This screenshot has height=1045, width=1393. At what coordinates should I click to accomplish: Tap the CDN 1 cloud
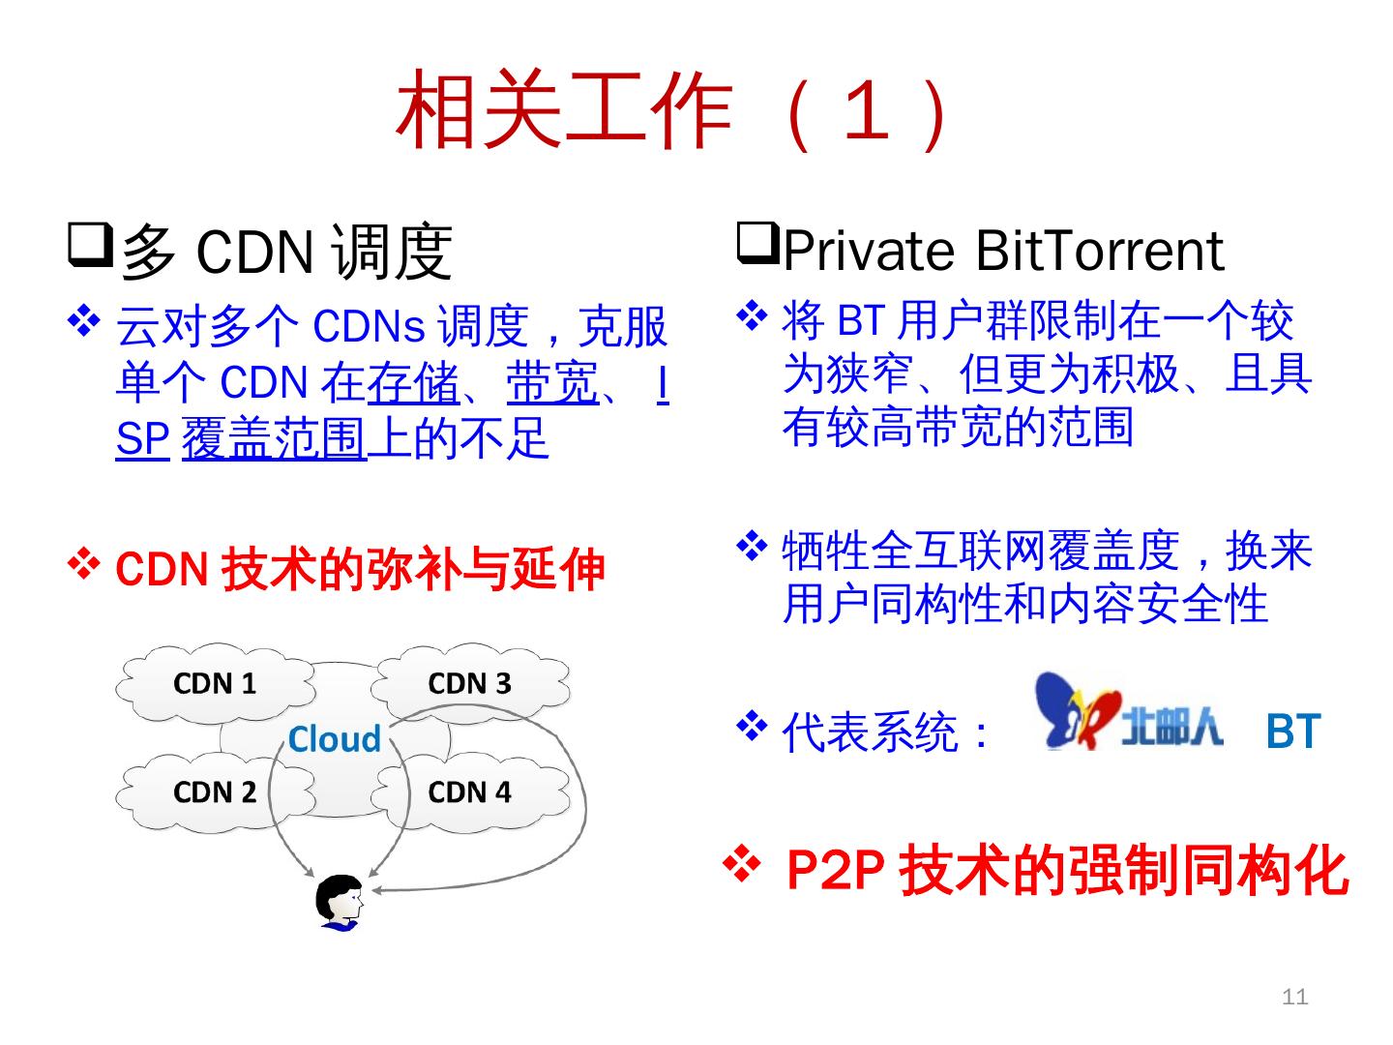[x=215, y=683]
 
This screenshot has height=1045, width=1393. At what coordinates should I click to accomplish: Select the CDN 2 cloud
[x=215, y=792]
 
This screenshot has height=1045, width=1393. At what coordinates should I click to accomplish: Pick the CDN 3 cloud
[x=469, y=683]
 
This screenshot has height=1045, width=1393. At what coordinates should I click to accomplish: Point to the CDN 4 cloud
[x=469, y=792]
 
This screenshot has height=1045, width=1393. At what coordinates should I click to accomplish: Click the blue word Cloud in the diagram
[x=335, y=739]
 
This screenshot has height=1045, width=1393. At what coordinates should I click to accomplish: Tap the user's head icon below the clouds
[x=341, y=903]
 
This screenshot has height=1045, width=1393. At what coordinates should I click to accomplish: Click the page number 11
[x=1294, y=997]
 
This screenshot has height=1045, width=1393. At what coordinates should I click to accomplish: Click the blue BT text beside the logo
[x=1292, y=732]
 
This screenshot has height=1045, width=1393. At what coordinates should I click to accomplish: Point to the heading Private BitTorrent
[x=1002, y=251]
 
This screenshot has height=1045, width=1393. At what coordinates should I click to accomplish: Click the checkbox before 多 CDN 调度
[x=89, y=245]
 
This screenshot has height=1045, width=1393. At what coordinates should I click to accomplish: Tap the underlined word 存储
[x=413, y=384]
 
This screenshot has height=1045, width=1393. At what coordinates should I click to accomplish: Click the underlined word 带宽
[x=552, y=384]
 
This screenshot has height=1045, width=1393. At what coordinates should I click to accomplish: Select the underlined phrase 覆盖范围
[x=274, y=439]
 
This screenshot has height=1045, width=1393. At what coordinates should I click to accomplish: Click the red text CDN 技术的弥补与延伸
[x=360, y=570]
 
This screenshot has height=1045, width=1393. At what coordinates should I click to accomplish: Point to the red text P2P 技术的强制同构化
[x=1066, y=871]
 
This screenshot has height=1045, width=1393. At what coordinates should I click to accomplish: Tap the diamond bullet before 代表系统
[x=752, y=724]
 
